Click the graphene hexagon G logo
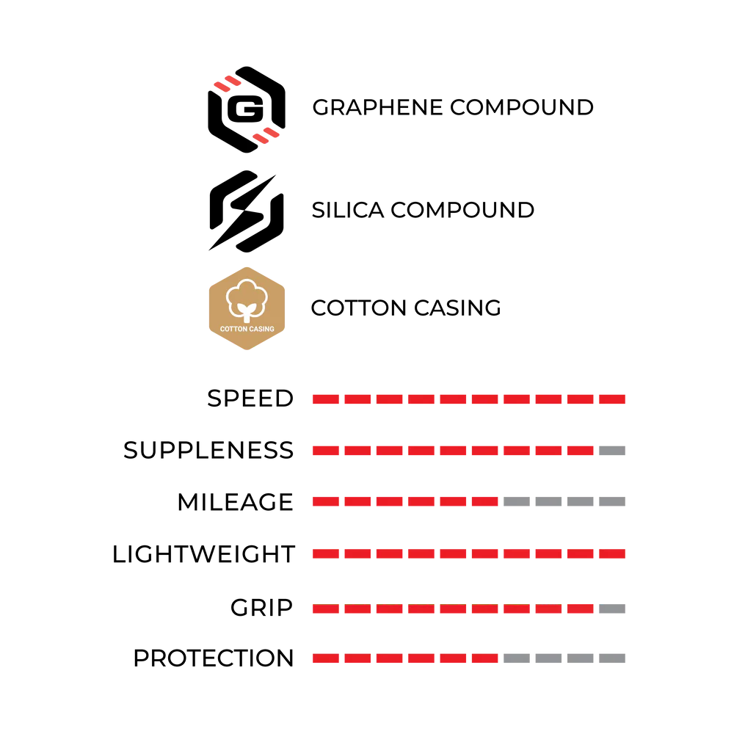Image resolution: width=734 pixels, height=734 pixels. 246,109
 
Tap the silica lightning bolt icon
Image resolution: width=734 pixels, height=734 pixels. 246,211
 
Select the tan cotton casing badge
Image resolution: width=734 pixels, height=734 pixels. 247,308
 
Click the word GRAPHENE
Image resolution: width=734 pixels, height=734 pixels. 377,107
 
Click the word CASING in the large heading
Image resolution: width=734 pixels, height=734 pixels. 457,308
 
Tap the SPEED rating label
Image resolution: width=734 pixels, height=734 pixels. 250,399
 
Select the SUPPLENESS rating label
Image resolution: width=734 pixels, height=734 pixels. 208,451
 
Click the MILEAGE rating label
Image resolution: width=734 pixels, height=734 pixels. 235,502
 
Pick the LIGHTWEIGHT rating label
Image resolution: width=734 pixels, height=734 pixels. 203,553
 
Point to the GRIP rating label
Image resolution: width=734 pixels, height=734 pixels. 261,608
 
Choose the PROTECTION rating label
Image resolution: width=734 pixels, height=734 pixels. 214,658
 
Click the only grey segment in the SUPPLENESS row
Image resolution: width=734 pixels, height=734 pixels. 612,451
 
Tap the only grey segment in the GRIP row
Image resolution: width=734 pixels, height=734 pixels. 612,608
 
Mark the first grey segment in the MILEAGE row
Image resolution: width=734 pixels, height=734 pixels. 517,502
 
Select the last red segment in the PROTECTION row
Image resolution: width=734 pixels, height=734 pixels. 485,658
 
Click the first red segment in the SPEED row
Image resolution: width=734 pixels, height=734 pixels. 326,399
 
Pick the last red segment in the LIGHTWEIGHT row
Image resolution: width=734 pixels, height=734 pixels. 612,553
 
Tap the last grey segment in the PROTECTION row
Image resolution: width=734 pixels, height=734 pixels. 612,658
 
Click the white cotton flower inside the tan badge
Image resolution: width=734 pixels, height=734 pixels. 247,299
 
